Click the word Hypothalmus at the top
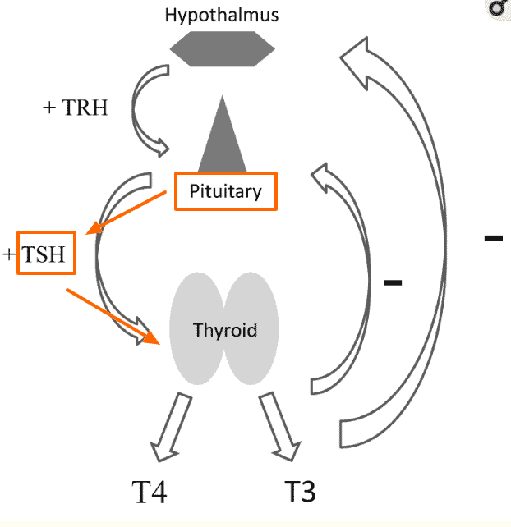coord(221,15)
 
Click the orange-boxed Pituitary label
coord(226,192)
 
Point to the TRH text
coord(85,108)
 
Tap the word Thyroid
coord(225,331)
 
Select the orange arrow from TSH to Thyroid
coord(113,314)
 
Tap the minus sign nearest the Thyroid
coord(393,283)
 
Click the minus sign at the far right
coord(493,238)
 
